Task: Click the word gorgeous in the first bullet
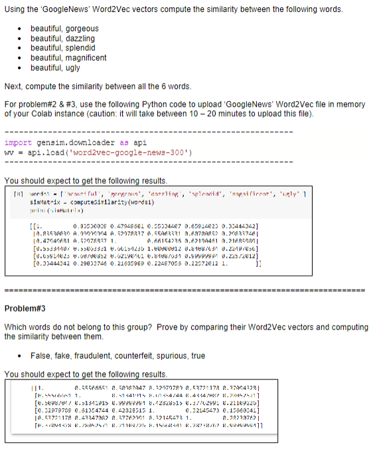(82, 29)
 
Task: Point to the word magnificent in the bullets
(86, 58)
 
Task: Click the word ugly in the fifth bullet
(72, 68)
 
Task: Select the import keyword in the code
(17, 142)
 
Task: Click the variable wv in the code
(9, 151)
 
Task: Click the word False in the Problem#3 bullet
(40, 355)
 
